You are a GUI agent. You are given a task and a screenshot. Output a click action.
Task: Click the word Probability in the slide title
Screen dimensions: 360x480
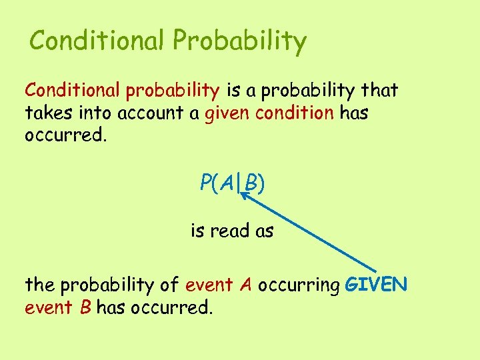(240, 42)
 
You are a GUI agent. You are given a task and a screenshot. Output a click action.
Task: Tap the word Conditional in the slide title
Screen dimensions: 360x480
(98, 41)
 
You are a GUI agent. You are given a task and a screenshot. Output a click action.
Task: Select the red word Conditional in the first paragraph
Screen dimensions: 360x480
(72, 89)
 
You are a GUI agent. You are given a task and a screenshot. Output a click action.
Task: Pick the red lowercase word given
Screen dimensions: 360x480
(223, 113)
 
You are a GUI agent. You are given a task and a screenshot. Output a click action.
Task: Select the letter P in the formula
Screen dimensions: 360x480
(205, 182)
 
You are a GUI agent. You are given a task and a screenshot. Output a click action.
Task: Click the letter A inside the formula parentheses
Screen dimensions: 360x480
(227, 182)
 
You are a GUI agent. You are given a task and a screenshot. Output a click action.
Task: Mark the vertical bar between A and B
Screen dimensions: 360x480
(239, 183)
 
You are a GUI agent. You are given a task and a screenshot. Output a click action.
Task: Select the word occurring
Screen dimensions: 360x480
(299, 286)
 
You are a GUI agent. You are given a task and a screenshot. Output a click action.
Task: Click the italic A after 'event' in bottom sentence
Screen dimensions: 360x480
(246, 285)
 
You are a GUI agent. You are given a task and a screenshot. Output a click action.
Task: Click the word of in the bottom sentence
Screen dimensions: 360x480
(169, 285)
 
